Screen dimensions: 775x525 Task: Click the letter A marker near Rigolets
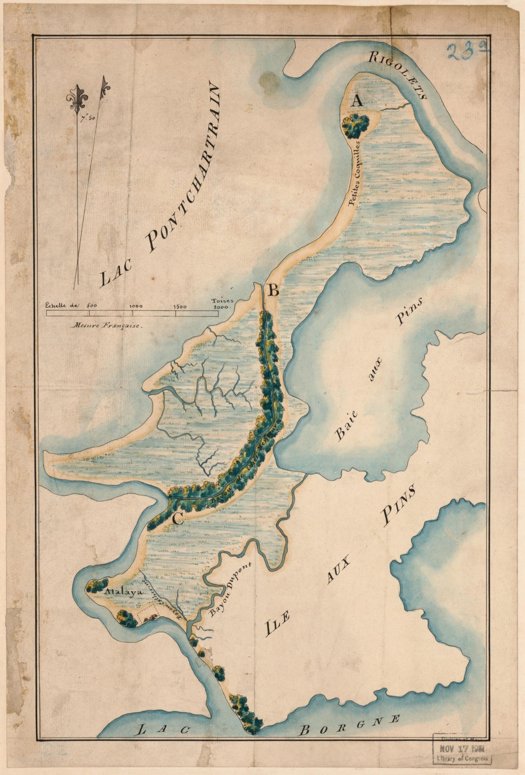pyautogui.click(x=357, y=101)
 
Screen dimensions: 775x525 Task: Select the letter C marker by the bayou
pyautogui.click(x=178, y=518)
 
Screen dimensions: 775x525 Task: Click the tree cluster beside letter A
pyautogui.click(x=356, y=126)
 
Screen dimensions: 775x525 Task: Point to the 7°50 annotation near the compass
pyautogui.click(x=87, y=118)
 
